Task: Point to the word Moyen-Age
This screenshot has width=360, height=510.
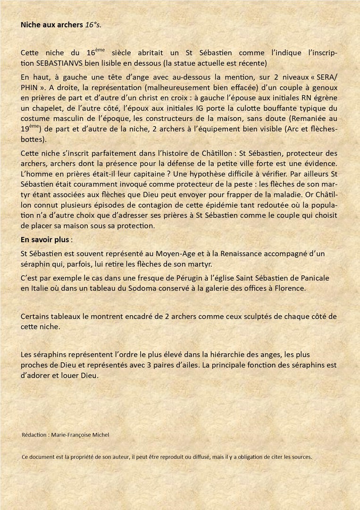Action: click(168, 254)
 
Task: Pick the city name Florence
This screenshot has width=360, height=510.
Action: click(289, 288)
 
